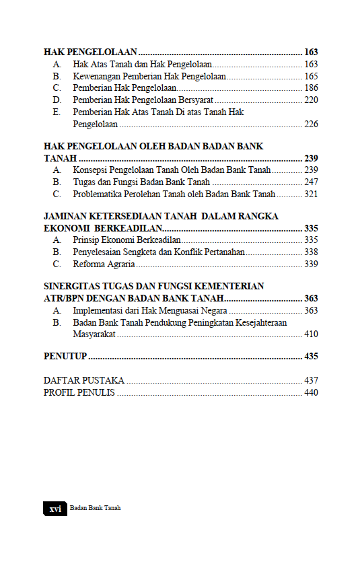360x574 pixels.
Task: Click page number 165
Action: [x=311, y=76]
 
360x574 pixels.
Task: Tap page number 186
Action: [x=311, y=88]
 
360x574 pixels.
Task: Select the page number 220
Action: [x=311, y=100]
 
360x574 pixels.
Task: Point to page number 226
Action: [x=311, y=124]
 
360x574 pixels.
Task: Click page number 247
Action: [x=311, y=182]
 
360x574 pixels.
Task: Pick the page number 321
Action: [x=311, y=194]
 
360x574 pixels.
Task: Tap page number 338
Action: [x=311, y=252]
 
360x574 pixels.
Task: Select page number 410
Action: [x=311, y=334]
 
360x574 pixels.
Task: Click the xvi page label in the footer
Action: [x=55, y=509]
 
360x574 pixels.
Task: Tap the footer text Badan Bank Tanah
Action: [x=96, y=509]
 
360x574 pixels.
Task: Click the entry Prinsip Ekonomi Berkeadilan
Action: [x=127, y=240]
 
